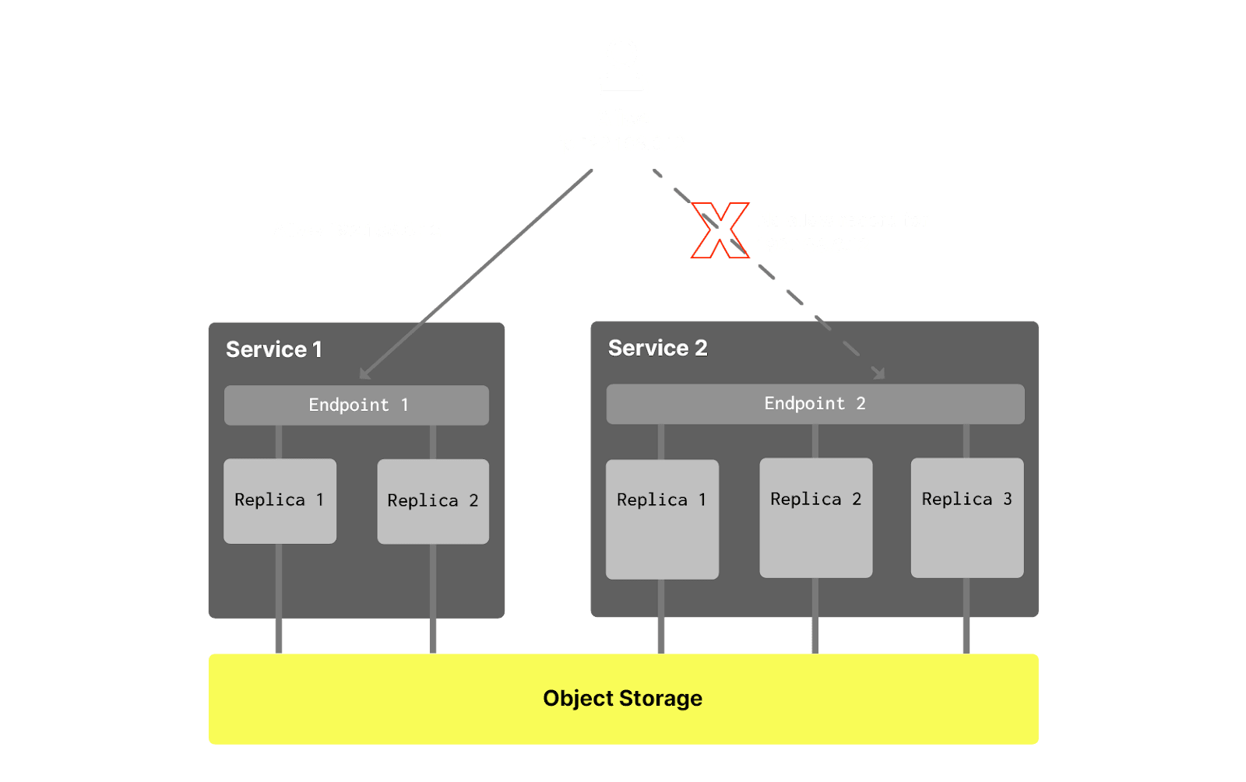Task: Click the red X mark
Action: coord(720,230)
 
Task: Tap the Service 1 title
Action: coord(274,350)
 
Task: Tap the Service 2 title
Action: coord(658,349)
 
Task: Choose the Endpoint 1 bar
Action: coord(357,405)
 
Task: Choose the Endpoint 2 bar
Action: coord(815,404)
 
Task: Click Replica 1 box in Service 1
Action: coord(280,501)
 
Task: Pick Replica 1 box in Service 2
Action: coord(662,519)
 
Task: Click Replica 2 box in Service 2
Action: coord(815,517)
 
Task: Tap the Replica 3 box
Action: coord(967,517)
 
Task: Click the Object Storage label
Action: coord(623,699)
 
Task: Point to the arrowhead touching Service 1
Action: coord(364,374)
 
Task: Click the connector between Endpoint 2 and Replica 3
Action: coord(966,441)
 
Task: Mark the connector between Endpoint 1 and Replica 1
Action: coord(279,442)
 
